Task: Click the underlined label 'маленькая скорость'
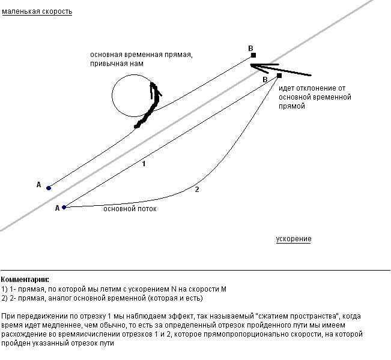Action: click(37, 11)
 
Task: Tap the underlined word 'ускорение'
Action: click(294, 239)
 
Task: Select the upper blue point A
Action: click(49, 188)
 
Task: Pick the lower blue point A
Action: click(64, 207)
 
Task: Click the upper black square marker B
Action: click(253, 56)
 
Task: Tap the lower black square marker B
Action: click(279, 76)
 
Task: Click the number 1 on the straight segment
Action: click(144, 163)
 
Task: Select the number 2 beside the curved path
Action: click(196, 190)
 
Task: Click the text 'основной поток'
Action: click(130, 209)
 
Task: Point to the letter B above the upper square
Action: click(251, 48)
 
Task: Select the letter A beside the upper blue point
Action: click(38, 185)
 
